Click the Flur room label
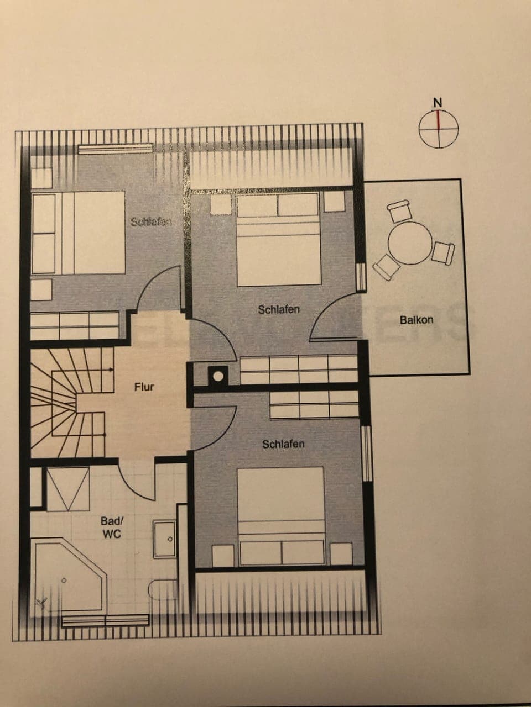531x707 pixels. pyautogui.click(x=144, y=387)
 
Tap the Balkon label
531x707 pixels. pyautogui.click(x=416, y=319)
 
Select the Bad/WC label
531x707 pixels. pyautogui.click(x=111, y=527)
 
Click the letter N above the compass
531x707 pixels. pyautogui.click(x=438, y=102)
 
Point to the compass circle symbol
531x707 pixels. pyautogui.click(x=439, y=130)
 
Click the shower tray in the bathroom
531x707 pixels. pyautogui.click(x=67, y=489)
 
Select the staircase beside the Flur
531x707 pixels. pyautogui.click(x=66, y=400)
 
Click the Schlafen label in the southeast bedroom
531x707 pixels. pyautogui.click(x=283, y=444)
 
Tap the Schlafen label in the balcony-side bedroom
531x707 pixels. pyautogui.click(x=279, y=309)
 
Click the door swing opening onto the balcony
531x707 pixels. pyautogui.click(x=332, y=318)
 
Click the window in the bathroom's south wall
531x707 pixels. pyautogui.click(x=105, y=621)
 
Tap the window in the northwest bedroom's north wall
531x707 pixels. pyautogui.click(x=115, y=148)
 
